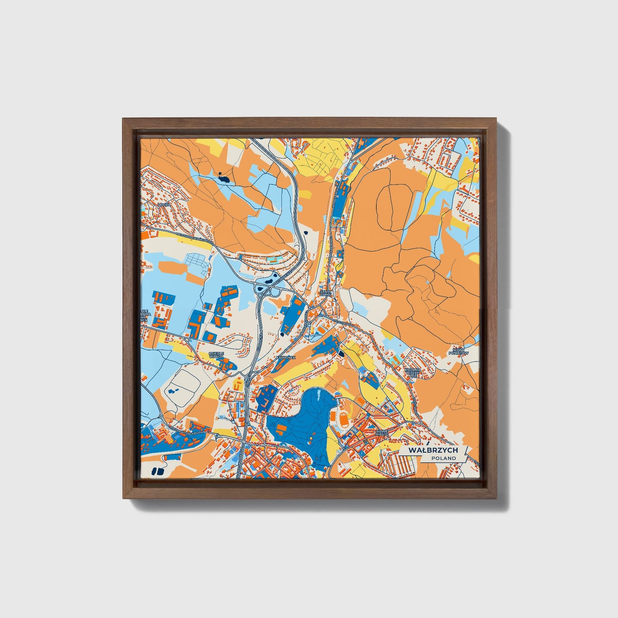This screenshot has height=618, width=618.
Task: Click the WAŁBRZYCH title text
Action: [x=433, y=450]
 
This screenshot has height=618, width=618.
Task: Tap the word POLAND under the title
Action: [x=444, y=458]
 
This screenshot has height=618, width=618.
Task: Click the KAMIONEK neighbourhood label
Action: [x=286, y=356]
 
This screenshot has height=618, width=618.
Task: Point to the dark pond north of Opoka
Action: [x=223, y=177]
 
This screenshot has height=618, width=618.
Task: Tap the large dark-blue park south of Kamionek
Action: [x=299, y=421]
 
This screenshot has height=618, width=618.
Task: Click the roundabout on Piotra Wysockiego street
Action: [x=217, y=436]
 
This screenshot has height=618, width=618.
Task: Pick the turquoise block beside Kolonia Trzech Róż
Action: [x=398, y=358]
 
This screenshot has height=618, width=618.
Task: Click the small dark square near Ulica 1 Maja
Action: [x=341, y=353]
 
